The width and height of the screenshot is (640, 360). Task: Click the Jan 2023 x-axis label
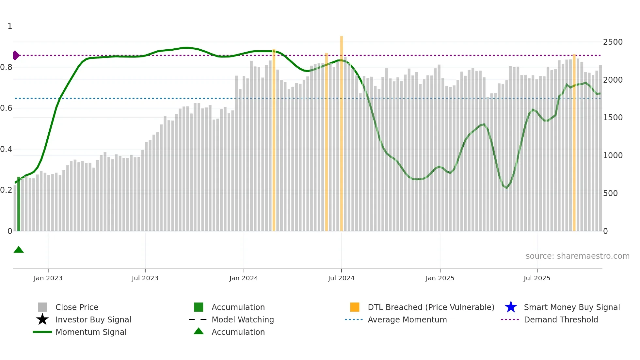point(48,278)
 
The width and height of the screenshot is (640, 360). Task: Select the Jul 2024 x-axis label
point(341,278)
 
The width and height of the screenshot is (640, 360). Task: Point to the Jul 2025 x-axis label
point(537,278)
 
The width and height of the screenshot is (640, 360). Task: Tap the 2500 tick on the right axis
point(613,42)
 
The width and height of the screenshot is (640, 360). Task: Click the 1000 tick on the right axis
point(613,155)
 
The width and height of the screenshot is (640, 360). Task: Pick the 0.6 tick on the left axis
point(7,108)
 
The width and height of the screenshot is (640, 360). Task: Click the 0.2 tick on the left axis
point(7,190)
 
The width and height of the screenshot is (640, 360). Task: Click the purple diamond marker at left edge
point(16,56)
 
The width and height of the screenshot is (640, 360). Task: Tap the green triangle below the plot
point(19,250)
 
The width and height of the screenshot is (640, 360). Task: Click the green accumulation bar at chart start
point(19,204)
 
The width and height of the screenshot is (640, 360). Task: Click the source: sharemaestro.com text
point(577,256)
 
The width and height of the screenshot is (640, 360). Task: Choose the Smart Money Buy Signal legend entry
point(571,307)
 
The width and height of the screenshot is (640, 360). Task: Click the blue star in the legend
point(511,307)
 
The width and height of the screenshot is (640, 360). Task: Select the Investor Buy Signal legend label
point(93,320)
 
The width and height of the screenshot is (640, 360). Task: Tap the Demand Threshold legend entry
point(561,320)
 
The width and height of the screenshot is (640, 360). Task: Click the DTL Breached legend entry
point(431,307)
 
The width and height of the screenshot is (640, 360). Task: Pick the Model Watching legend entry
point(242,320)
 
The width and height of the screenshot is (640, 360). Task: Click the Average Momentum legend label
point(407,320)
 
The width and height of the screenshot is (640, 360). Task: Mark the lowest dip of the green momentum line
point(507,188)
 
